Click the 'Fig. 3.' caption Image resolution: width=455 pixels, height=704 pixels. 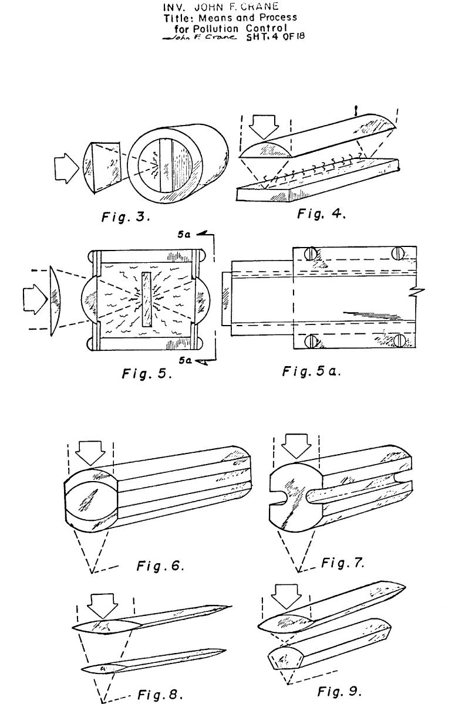click(x=126, y=217)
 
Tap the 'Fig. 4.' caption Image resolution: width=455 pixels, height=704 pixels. click(x=321, y=214)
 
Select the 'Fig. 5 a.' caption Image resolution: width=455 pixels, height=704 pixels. click(x=311, y=371)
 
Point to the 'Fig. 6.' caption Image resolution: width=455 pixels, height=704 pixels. click(x=160, y=566)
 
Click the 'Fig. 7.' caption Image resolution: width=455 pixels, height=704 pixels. click(x=343, y=562)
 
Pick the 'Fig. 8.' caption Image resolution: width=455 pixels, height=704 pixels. click(x=160, y=694)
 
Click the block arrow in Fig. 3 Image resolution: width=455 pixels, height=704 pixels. click(x=66, y=168)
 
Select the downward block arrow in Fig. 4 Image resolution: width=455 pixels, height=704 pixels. click(x=264, y=127)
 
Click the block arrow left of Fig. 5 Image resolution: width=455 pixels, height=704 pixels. click(x=35, y=299)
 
